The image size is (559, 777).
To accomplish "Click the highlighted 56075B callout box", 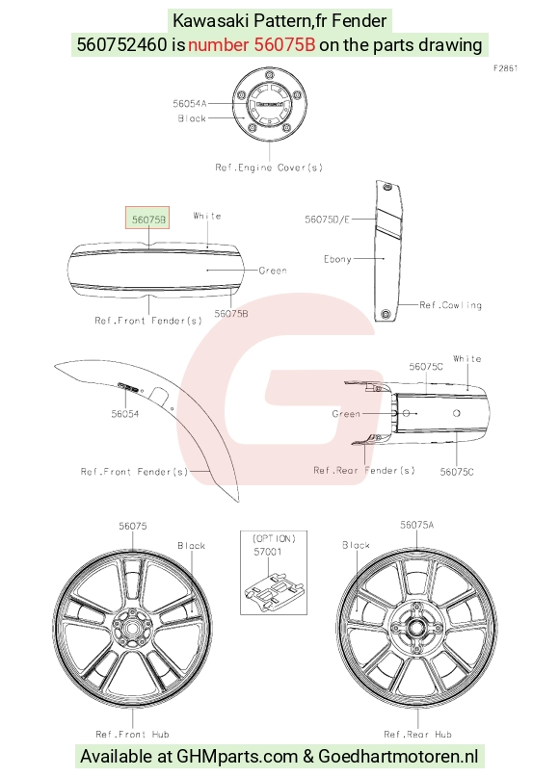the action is click(147, 218).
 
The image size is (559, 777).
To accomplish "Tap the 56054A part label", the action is click(190, 104).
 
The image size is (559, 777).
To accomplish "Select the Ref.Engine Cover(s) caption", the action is click(269, 168).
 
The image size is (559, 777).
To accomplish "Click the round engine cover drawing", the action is click(269, 105).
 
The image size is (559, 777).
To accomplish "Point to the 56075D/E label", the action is click(327, 219).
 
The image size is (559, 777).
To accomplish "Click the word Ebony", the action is click(337, 259).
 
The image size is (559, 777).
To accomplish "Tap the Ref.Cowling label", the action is click(450, 305).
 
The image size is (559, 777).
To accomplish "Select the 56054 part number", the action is click(125, 414).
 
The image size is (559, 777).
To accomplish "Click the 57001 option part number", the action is click(268, 552).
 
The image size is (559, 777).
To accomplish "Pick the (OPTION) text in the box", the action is click(274, 538).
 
